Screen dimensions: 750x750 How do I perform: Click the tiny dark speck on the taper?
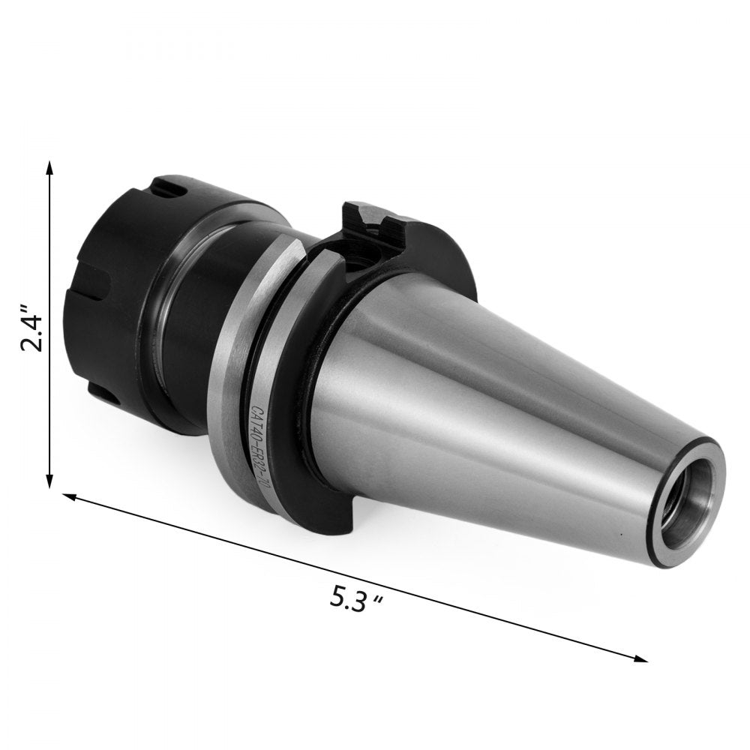click(x=621, y=534)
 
